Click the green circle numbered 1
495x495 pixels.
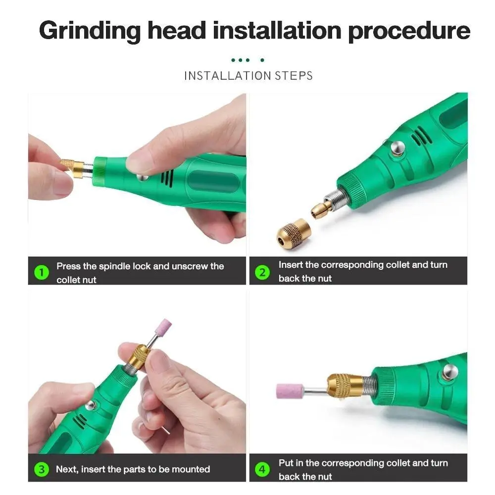pyautogui.click(x=42, y=272)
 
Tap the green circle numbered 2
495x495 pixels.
pyautogui.click(x=262, y=272)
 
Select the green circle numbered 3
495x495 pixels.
pyautogui.click(x=42, y=469)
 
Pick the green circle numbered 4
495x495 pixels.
pyautogui.click(x=262, y=469)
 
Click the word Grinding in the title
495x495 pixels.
pyautogui.click(x=90, y=31)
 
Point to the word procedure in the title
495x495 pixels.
pyautogui.click(x=409, y=31)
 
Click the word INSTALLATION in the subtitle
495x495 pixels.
pyautogui.click(x=228, y=76)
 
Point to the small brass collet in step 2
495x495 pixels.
pyautogui.click(x=321, y=209)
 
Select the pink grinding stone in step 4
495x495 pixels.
pyautogui.click(x=290, y=391)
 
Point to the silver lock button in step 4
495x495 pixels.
pyautogui.click(x=450, y=372)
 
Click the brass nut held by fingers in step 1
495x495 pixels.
pyautogui.click(x=72, y=168)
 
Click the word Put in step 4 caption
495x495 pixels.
pyautogui.click(x=286, y=463)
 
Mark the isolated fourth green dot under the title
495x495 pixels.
pyautogui.click(x=262, y=60)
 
